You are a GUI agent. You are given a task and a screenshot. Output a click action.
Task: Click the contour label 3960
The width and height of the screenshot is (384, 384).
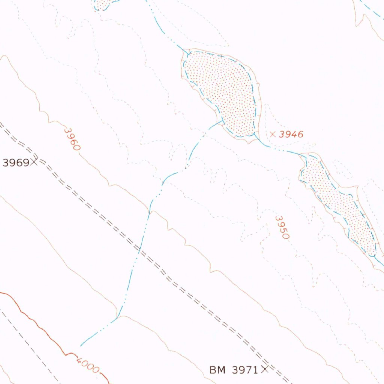tap(72, 139)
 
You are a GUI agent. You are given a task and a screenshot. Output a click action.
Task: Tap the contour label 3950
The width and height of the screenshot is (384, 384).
tap(282, 227)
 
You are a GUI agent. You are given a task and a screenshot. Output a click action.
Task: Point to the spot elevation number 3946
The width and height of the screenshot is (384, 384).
tap(291, 134)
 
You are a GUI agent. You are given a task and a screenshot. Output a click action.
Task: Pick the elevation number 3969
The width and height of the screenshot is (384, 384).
tap(16, 163)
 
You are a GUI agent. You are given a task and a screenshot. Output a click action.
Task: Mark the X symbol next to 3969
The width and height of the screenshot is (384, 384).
tap(34, 162)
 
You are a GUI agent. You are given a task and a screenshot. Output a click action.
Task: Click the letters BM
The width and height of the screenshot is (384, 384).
tap(218, 370)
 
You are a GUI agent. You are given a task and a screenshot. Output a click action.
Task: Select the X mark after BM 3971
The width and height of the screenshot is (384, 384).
tap(265, 370)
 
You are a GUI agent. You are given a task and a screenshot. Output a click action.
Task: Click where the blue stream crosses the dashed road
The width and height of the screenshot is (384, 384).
tap(139, 250)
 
